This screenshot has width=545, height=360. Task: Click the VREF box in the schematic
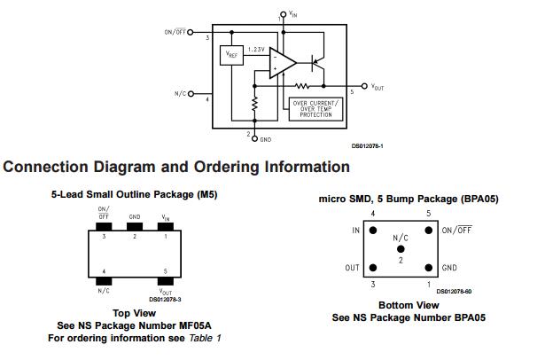230,56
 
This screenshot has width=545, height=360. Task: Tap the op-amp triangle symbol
283,63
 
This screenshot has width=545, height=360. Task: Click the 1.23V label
257,49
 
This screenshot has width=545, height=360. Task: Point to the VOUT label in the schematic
377,87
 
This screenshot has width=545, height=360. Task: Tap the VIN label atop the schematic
294,15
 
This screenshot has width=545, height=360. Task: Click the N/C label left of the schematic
182,93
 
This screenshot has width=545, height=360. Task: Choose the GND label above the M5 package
135,215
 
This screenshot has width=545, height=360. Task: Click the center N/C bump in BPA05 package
401,249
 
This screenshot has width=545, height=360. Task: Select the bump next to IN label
373,231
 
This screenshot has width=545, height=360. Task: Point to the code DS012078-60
454,291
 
